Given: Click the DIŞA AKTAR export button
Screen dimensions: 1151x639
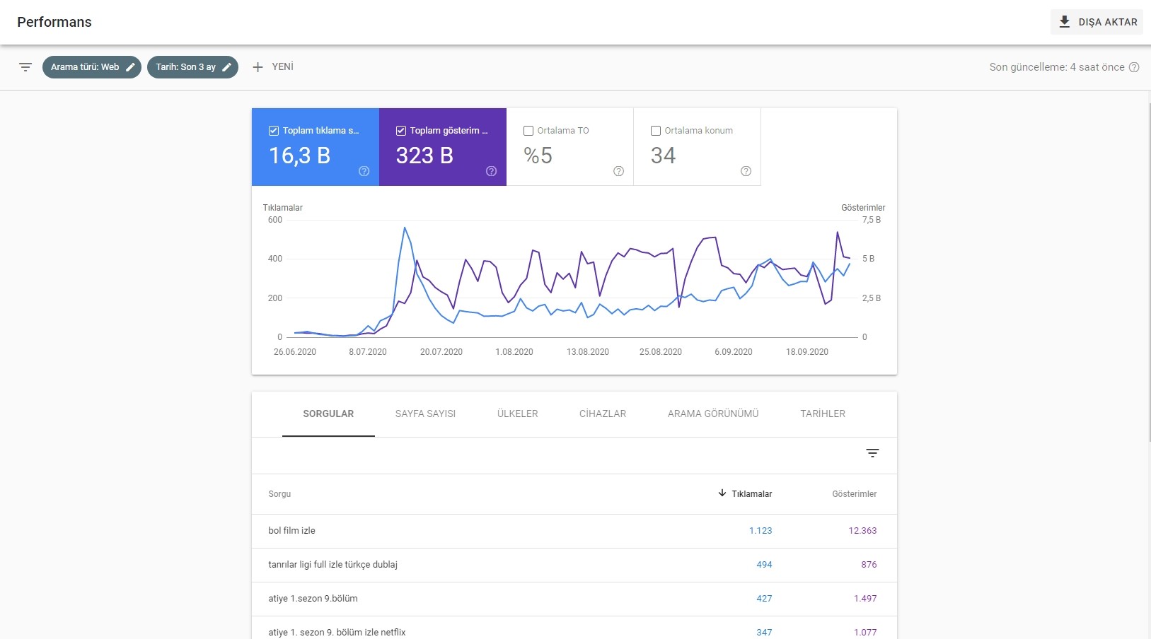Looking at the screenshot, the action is [1097, 22].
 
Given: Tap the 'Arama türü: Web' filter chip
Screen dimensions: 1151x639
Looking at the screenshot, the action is [91, 67].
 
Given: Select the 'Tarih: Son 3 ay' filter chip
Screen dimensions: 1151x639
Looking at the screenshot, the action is [192, 67].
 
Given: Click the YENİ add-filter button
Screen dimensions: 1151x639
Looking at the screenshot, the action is [273, 66].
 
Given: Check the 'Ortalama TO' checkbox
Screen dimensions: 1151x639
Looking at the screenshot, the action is [528, 131].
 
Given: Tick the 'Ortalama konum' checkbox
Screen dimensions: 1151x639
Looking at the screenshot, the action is [656, 131].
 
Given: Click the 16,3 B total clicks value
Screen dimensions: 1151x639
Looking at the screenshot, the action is [299, 156].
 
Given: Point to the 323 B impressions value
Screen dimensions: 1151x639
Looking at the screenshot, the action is [424, 156].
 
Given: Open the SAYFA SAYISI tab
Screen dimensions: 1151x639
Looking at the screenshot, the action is [425, 414].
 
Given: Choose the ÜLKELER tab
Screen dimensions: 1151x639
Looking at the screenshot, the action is [517, 414].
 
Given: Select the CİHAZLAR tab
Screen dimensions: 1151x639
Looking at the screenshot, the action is [603, 414].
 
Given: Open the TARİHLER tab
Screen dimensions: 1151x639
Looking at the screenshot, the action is [823, 414].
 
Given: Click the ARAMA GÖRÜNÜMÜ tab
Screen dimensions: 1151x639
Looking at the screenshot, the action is [713, 414].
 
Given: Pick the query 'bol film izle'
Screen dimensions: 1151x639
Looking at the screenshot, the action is [292, 531].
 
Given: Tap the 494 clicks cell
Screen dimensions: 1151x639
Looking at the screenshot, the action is [764, 565].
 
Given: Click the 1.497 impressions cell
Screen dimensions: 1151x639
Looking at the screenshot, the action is [865, 599].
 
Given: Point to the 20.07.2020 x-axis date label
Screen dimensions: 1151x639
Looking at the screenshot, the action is [441, 352].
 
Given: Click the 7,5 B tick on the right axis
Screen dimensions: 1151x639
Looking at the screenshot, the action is [872, 220].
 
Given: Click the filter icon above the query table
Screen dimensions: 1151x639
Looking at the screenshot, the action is [872, 453].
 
